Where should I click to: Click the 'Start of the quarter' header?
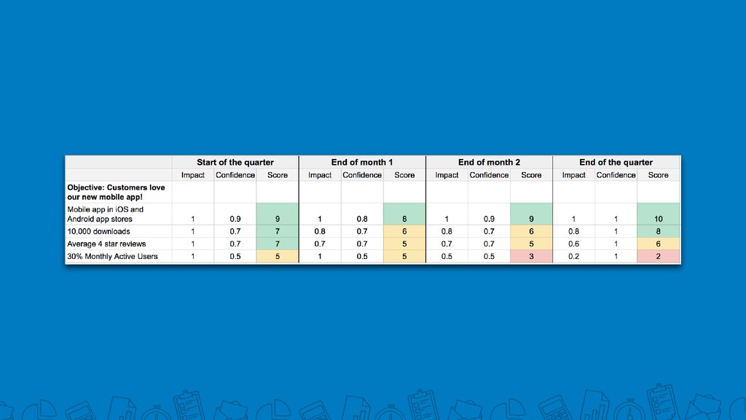235,163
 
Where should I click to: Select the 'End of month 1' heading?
362,163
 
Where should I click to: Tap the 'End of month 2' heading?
489,163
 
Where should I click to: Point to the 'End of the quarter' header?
616,163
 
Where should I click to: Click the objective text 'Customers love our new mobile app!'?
116,192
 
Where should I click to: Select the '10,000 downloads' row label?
98,231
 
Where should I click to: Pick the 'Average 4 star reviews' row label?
106,244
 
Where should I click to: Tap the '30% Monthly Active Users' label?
112,256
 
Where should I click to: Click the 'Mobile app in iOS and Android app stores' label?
105,214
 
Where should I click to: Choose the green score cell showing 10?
659,214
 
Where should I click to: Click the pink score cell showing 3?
531,256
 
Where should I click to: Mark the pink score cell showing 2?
659,256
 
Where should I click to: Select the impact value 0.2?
574,256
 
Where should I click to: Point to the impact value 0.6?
574,244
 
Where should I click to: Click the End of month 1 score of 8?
404,214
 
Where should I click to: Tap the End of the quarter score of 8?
659,231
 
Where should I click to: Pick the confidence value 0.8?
362,219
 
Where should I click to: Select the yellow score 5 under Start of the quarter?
278,256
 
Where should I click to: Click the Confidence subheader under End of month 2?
489,175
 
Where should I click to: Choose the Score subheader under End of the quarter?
659,175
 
